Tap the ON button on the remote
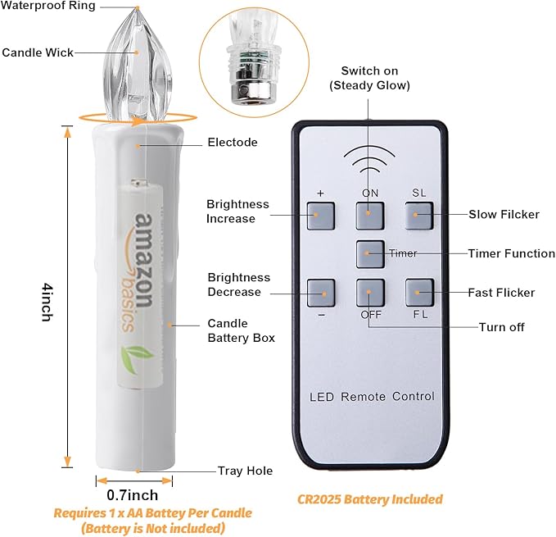tap(370, 216)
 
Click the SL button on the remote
tap(419, 216)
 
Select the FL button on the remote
tap(419, 293)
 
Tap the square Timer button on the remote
tap(370, 254)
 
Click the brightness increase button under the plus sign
tap(320, 216)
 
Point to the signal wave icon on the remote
tap(369, 159)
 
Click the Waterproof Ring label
tap(48, 5)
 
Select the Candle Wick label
tap(38, 52)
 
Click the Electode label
tap(233, 143)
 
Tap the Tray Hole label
tap(246, 471)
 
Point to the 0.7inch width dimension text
tap(133, 495)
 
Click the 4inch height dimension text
tap(47, 302)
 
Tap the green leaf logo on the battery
tap(137, 359)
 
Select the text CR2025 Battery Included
tap(370, 499)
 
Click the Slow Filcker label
tap(504, 214)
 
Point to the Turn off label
tap(501, 327)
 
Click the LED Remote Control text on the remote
tap(372, 397)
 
